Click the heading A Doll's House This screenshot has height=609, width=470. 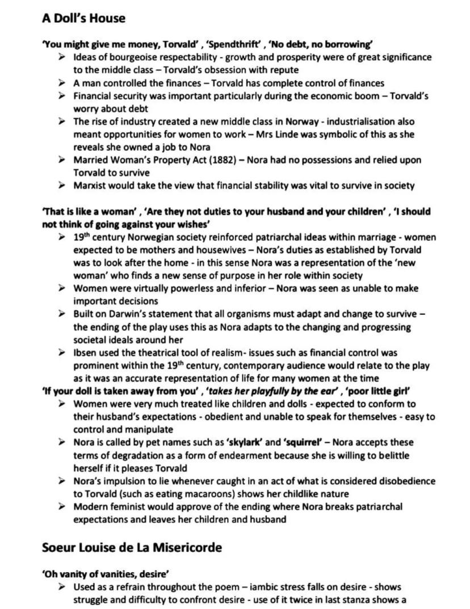click(83, 18)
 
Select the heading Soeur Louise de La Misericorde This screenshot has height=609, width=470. click(132, 547)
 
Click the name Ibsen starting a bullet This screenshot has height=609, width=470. click(85, 353)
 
